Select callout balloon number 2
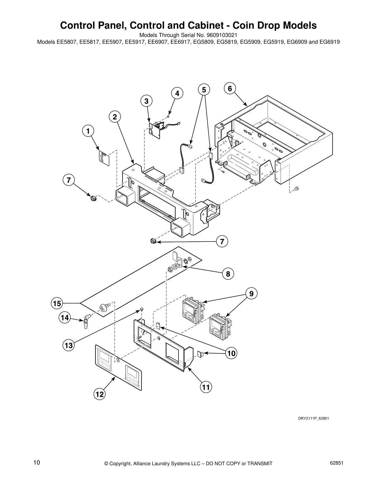coord(115,117)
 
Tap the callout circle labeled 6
coord(230,88)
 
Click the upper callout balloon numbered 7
coord(69,180)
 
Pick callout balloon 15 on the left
coord(57,303)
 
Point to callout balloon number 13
coord(69,345)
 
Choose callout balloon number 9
coord(251,294)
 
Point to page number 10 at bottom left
coord(37,463)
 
